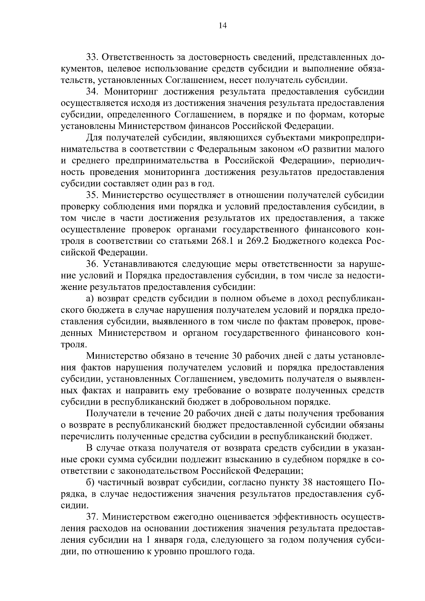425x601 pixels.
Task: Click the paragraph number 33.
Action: click(93, 57)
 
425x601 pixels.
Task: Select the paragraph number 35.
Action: click(93, 195)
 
